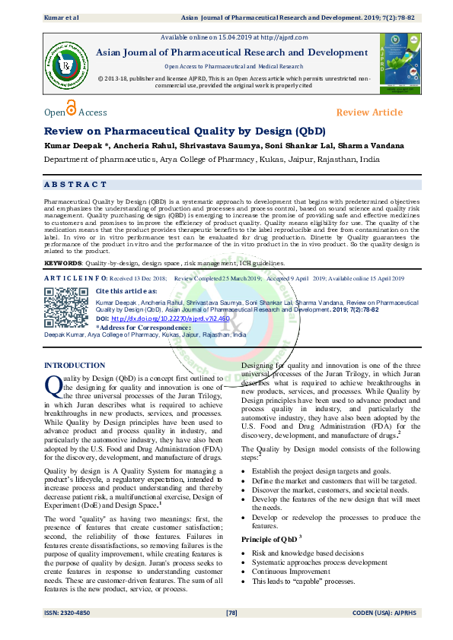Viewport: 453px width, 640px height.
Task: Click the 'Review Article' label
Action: point(369,112)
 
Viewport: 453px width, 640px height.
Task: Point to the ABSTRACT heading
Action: point(75,185)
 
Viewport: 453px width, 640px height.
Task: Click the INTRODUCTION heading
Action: point(75,366)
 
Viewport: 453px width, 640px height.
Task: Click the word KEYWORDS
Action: point(63,263)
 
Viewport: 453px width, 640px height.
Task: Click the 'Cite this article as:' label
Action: point(127,291)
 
